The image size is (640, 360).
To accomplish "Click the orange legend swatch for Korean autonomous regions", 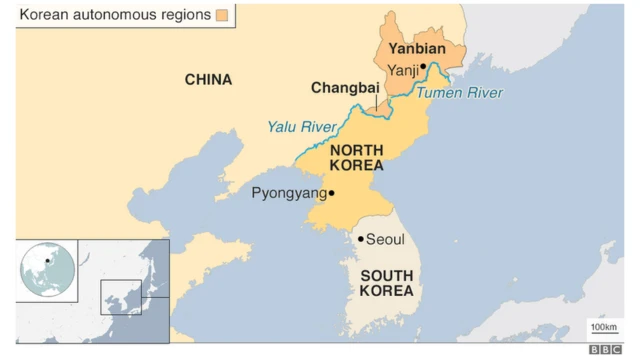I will click(x=221, y=15).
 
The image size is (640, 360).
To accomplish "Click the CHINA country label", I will click(x=208, y=80).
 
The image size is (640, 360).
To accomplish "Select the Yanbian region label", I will click(x=416, y=48).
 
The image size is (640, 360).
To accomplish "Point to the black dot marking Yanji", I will click(x=424, y=67).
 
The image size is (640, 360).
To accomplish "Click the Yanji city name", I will click(x=403, y=69).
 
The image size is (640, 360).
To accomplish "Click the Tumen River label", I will click(x=460, y=93).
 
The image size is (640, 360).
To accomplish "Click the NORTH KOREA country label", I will click(x=357, y=158).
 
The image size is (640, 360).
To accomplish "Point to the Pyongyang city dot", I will click(x=332, y=193).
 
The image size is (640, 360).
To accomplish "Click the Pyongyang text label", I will click(x=288, y=193).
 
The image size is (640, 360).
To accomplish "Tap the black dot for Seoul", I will click(x=360, y=239).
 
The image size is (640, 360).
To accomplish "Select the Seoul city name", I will click(x=385, y=240).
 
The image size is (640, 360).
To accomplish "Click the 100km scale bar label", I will click(x=603, y=328).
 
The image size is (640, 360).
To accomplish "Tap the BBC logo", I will click(x=605, y=349).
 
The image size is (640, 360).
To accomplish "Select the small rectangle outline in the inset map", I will click(x=121, y=297).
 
